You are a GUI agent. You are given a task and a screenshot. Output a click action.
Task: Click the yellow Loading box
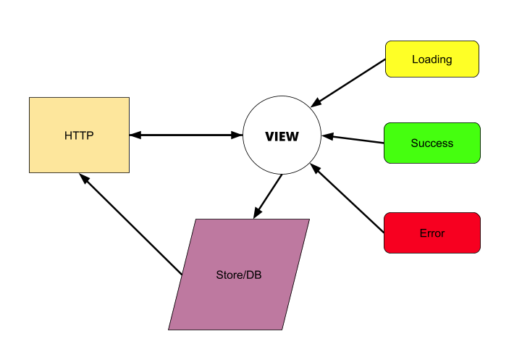pyautogui.click(x=432, y=59)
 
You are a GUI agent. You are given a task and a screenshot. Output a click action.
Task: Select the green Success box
pyautogui.click(x=432, y=143)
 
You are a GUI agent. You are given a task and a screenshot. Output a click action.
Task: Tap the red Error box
pyautogui.click(x=432, y=233)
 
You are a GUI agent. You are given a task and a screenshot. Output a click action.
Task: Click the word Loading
pyautogui.click(x=432, y=59)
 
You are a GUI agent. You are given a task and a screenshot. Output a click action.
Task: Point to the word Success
pyautogui.click(x=432, y=143)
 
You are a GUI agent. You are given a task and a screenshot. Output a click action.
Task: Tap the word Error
pyautogui.click(x=432, y=233)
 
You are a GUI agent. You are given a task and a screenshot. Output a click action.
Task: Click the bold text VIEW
pyautogui.click(x=282, y=136)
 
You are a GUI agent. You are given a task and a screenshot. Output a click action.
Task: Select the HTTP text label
pyautogui.click(x=79, y=135)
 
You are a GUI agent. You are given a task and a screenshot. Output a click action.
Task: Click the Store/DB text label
pyautogui.click(x=238, y=275)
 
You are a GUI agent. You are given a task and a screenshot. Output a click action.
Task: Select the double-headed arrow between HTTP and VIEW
pyautogui.click(x=186, y=135)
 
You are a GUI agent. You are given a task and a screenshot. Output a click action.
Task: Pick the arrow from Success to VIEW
pyautogui.click(x=353, y=139)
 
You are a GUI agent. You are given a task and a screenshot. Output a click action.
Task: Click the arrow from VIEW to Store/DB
pyautogui.click(x=267, y=196)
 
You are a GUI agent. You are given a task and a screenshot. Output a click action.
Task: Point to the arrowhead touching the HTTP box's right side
pyautogui.click(x=135, y=135)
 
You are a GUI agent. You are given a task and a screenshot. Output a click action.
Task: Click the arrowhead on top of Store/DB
pyautogui.click(x=256, y=213)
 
